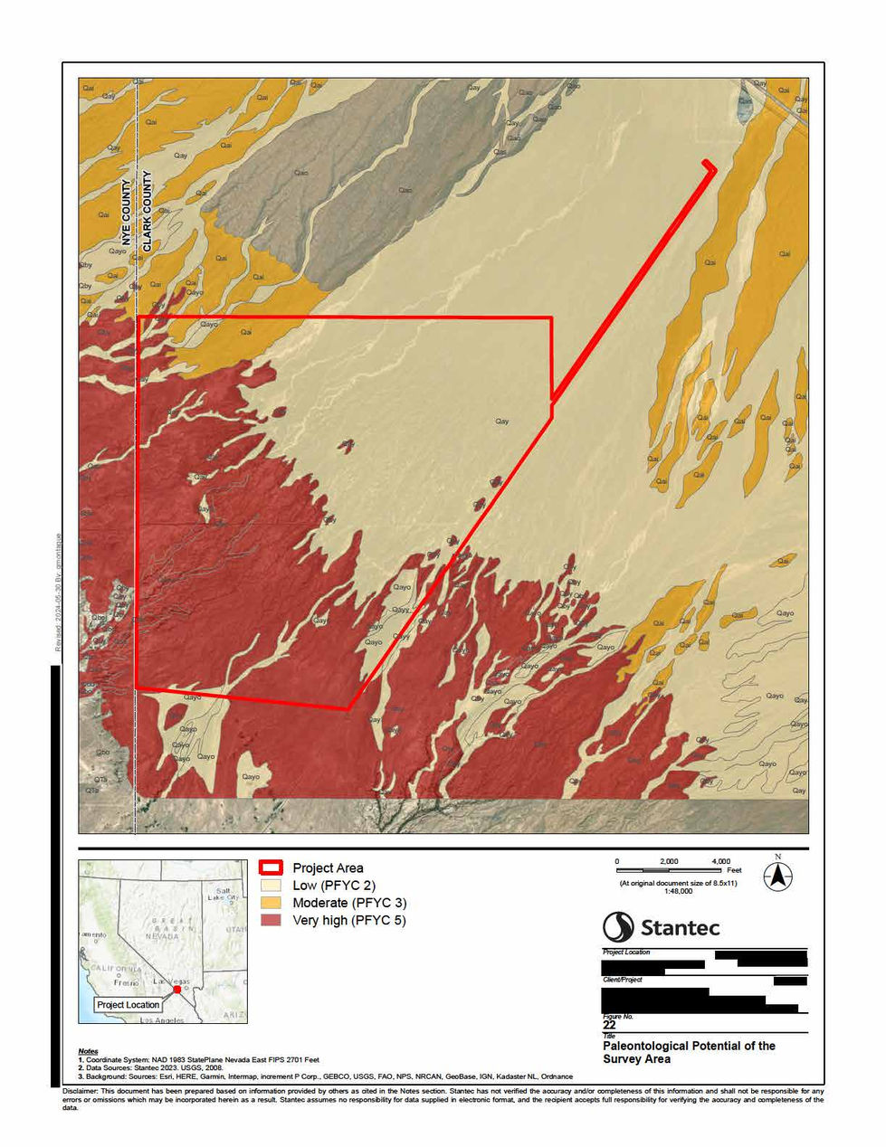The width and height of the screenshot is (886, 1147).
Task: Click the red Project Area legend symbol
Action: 271,867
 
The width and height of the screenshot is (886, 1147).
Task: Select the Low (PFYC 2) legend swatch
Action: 271,886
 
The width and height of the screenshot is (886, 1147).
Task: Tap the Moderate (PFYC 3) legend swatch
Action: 271,903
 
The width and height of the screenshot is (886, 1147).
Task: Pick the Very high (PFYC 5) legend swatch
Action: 271,920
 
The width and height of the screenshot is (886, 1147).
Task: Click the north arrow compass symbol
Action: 777,875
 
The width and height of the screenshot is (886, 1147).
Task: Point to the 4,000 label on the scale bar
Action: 720,861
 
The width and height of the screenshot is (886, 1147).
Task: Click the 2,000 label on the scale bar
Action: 669,861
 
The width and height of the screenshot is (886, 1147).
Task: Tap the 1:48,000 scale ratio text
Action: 678,891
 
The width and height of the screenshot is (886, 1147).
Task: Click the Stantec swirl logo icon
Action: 618,927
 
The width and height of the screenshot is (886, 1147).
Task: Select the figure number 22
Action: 609,1025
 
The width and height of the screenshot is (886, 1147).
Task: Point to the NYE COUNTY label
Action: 127,222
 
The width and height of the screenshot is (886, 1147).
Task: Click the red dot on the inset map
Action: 177,989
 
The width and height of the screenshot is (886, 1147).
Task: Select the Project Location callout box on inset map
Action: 129,1005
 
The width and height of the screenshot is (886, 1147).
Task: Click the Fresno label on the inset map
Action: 126,982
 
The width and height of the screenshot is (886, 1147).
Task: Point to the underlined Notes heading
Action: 88,1051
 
